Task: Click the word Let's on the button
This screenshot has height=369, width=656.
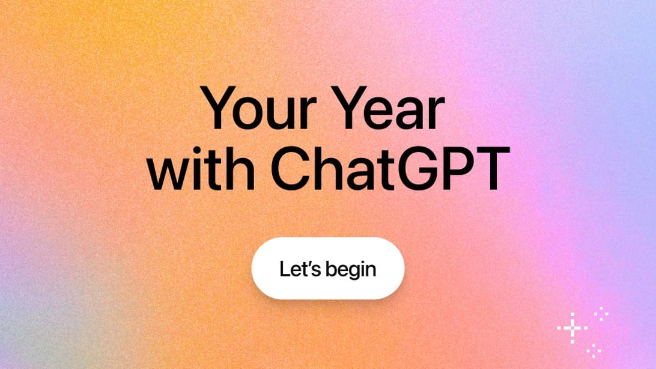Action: pyautogui.click(x=298, y=268)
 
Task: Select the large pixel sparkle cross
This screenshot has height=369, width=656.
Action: pyautogui.click(x=572, y=328)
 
